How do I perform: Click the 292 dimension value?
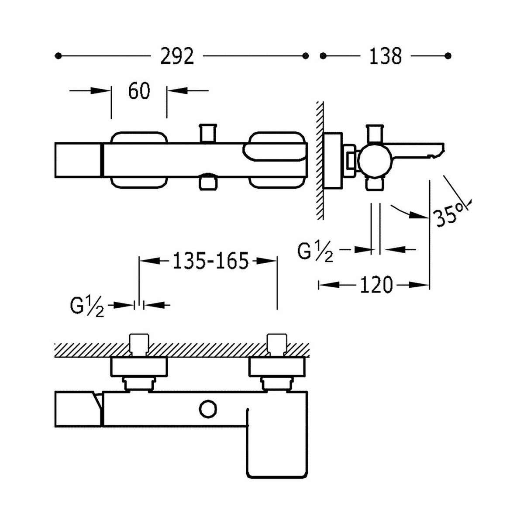point(177,56)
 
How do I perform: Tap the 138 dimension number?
point(385,56)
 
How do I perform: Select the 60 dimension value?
point(139,91)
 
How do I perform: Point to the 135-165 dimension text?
point(210,261)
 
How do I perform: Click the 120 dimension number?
point(376,285)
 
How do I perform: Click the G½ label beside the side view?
point(315,252)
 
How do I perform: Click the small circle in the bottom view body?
point(208,410)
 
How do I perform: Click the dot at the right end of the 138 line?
point(447,56)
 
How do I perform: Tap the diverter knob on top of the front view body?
point(208,132)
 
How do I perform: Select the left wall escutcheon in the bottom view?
point(140,367)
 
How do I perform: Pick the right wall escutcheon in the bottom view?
point(277,367)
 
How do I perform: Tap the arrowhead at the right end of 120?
point(424,285)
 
